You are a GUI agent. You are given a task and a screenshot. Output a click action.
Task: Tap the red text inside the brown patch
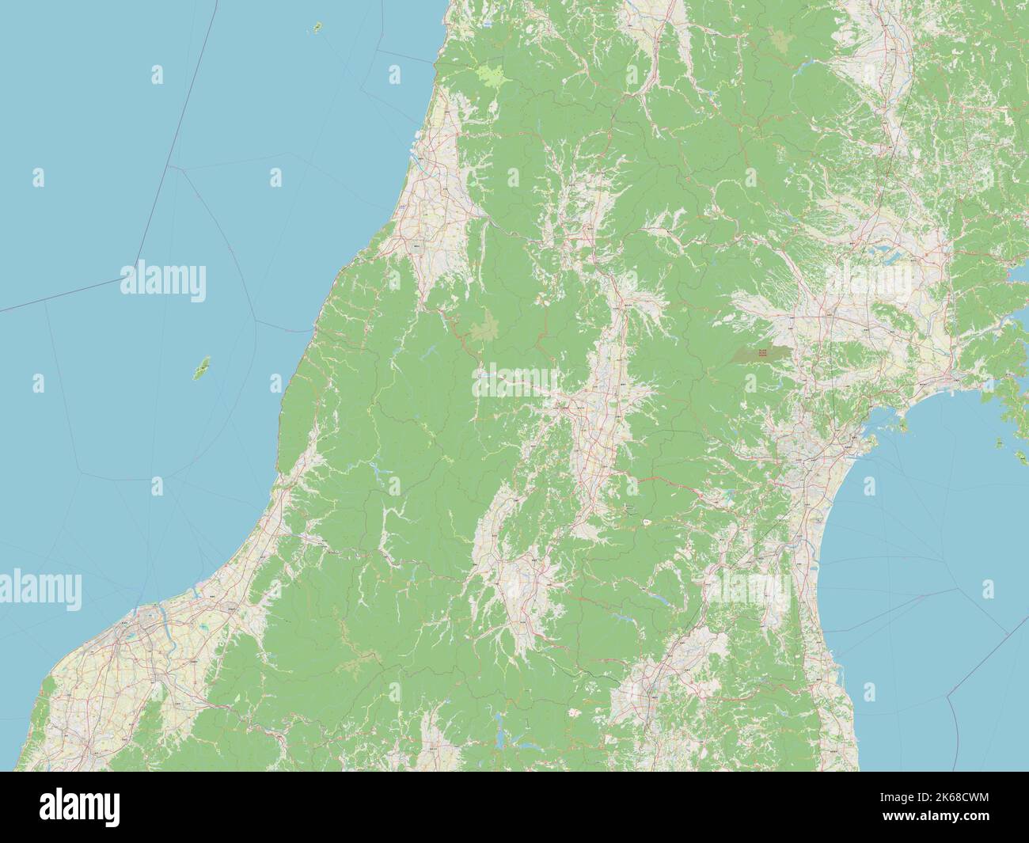point(761,354)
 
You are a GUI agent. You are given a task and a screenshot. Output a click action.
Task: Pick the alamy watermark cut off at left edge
point(40,587)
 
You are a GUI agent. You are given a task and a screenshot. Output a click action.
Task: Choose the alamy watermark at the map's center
point(514,382)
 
